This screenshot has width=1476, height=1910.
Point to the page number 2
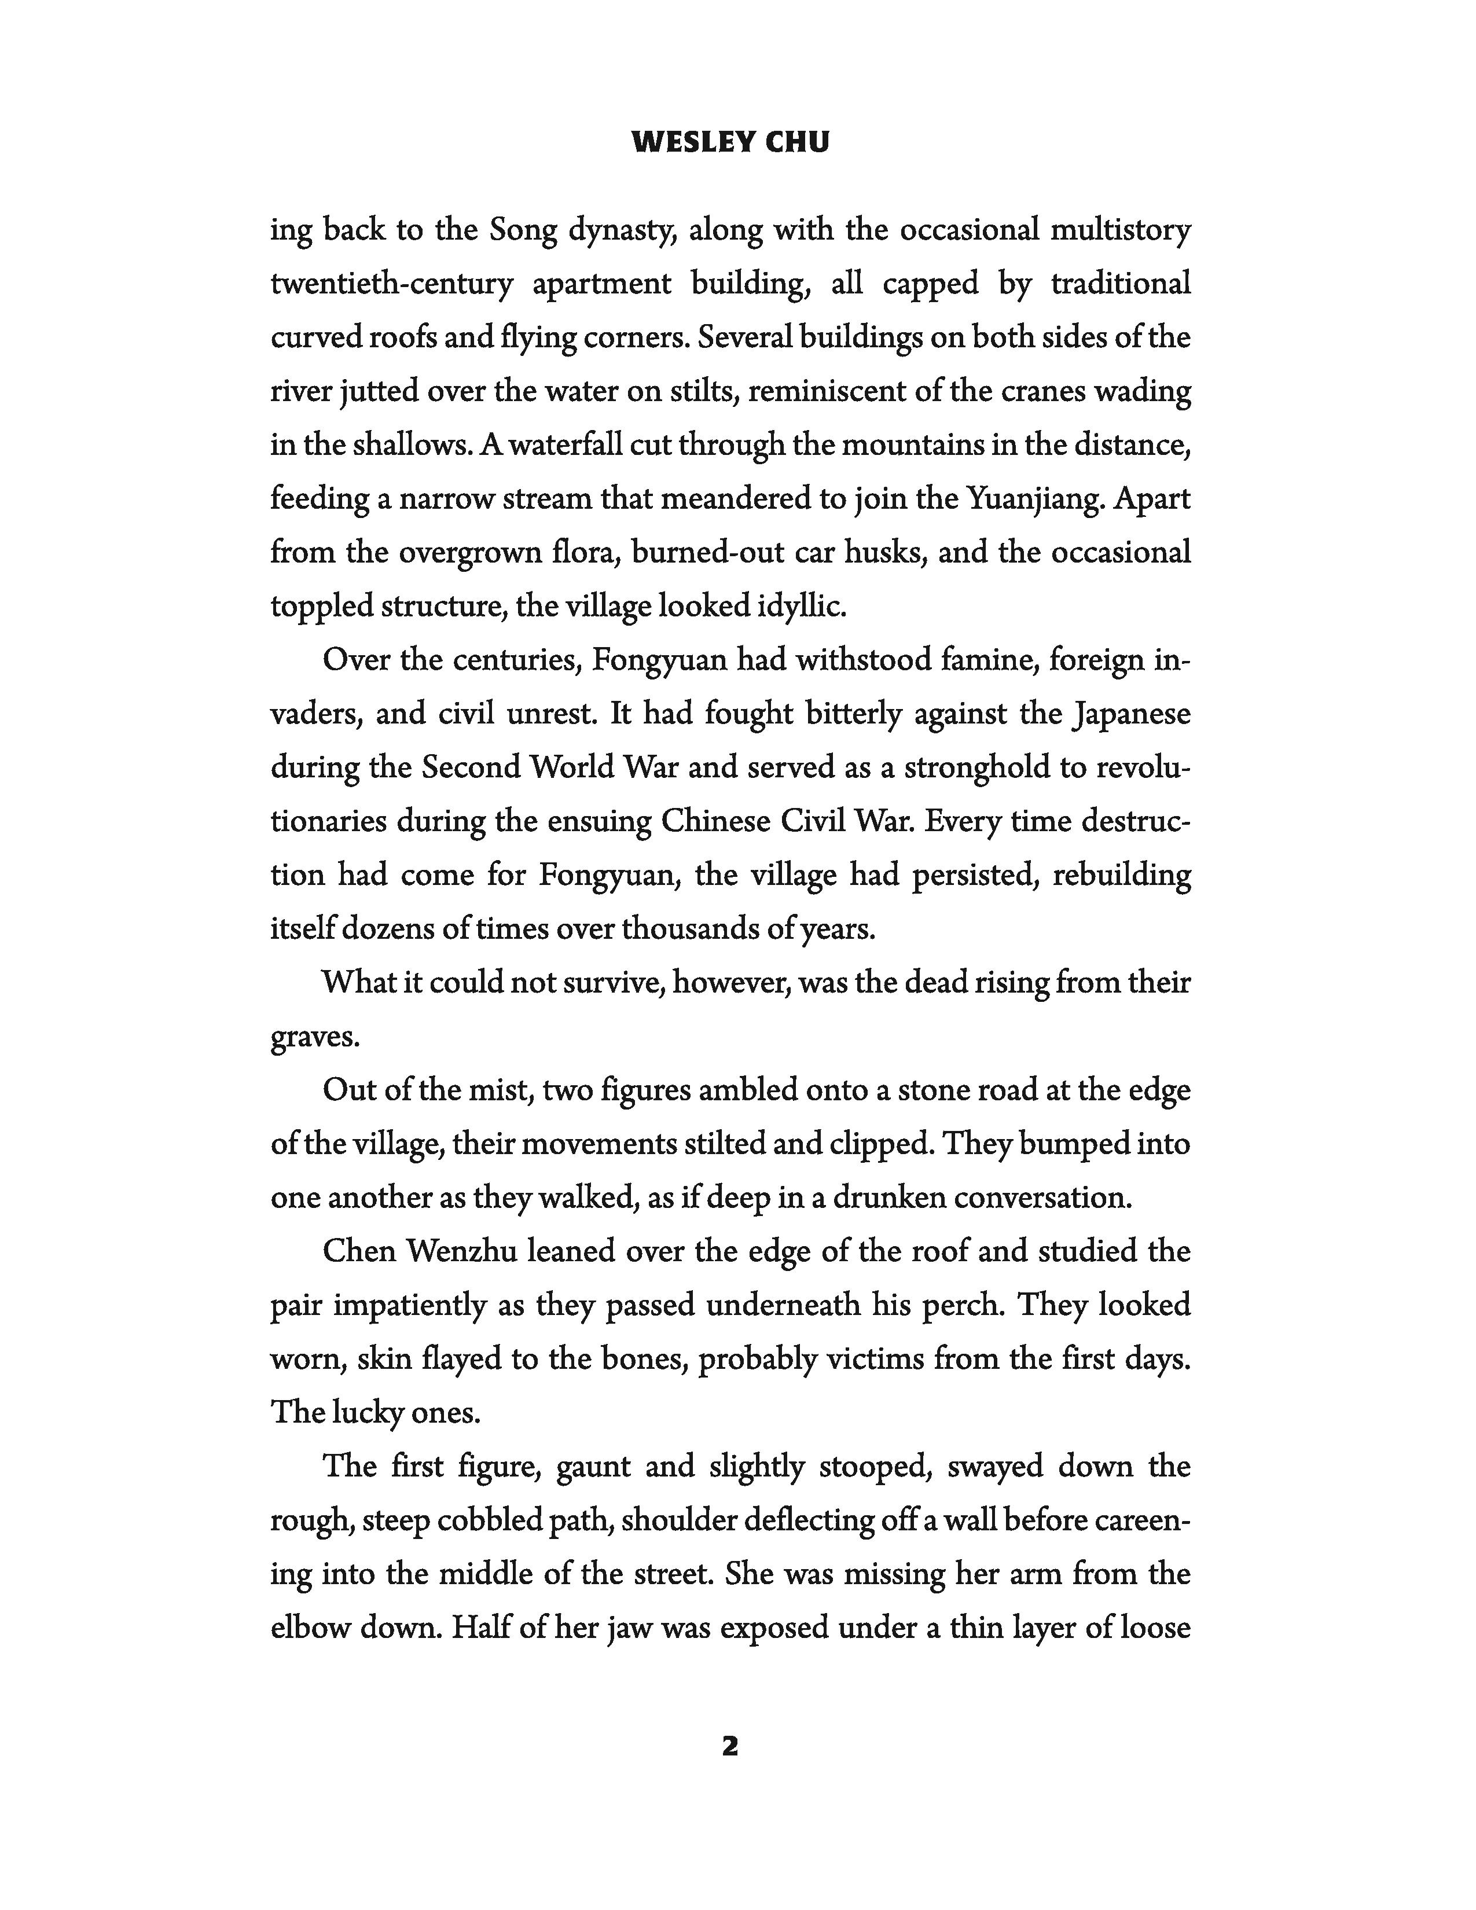coord(730,1746)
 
